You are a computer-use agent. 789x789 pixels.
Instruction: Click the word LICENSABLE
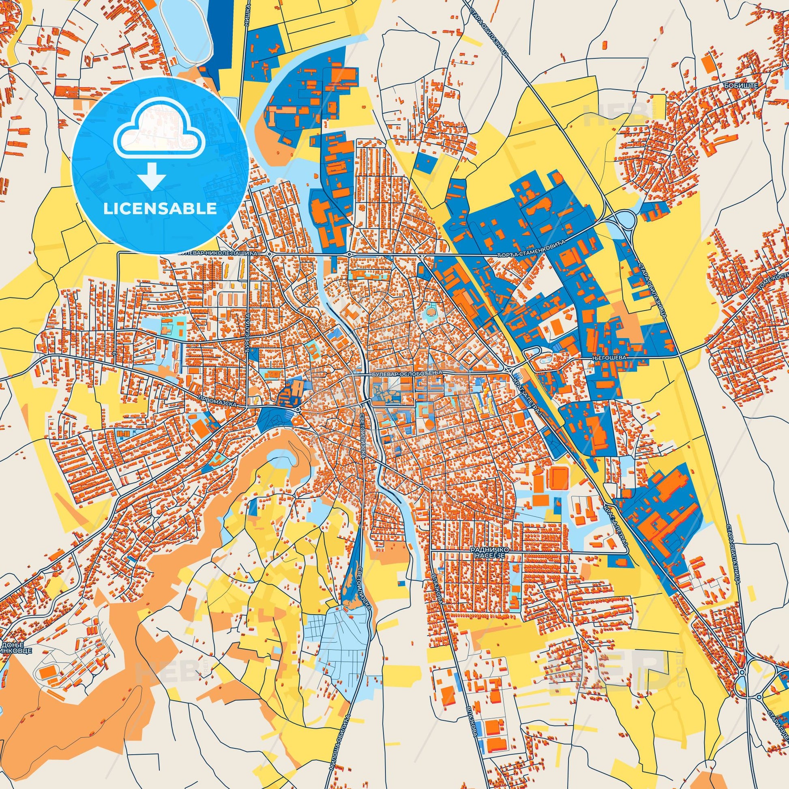pyautogui.click(x=160, y=209)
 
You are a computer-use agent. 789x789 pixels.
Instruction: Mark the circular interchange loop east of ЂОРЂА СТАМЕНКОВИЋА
pyautogui.click(x=624, y=221)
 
